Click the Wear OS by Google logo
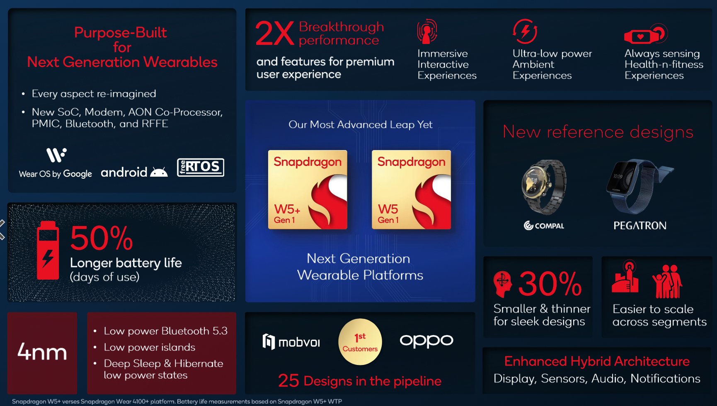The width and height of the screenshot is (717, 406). click(56, 163)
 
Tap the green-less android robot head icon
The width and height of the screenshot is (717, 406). click(159, 172)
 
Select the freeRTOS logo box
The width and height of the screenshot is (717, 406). click(201, 167)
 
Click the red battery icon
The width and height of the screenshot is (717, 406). click(48, 250)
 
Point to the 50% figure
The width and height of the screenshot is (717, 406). click(102, 238)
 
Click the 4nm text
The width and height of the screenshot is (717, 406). click(42, 352)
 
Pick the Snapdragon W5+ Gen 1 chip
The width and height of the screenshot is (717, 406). click(308, 190)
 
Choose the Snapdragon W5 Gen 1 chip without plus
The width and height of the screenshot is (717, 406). click(411, 190)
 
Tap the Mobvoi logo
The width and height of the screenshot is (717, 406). click(291, 342)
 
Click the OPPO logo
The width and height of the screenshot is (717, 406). click(426, 340)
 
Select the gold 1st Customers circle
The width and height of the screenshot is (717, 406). click(360, 342)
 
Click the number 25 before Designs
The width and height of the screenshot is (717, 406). click(288, 380)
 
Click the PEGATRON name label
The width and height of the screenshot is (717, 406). click(640, 226)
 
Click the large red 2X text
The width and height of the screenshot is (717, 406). click(274, 34)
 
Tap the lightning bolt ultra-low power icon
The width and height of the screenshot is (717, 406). click(525, 31)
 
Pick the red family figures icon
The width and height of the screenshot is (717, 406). click(667, 282)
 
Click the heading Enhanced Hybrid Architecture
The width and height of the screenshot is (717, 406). click(597, 361)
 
